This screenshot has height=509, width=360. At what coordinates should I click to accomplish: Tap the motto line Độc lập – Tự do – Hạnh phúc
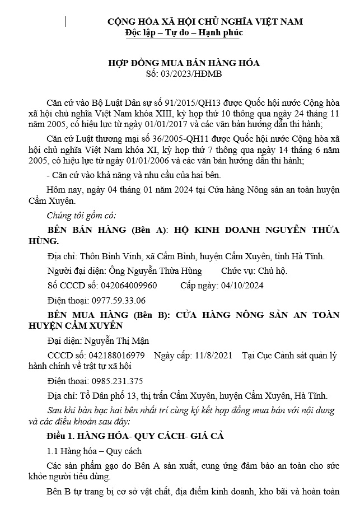pos(184,33)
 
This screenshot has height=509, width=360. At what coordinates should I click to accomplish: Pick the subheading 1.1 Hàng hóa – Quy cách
pos(94,451)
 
